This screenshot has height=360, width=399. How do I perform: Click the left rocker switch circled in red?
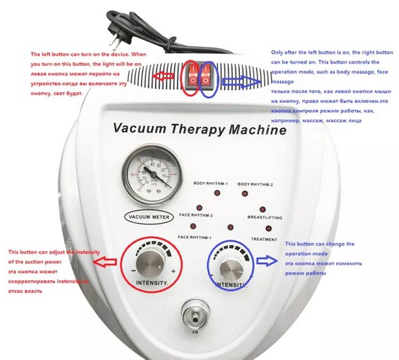point(191,76)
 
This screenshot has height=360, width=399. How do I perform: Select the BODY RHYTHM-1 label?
point(211,184)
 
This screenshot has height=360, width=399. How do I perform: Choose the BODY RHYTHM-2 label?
point(255,184)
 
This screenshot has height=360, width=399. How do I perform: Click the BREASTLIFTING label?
point(265,218)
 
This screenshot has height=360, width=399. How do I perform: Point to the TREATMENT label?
point(264,239)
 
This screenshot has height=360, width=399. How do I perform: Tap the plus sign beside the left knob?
point(173,270)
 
